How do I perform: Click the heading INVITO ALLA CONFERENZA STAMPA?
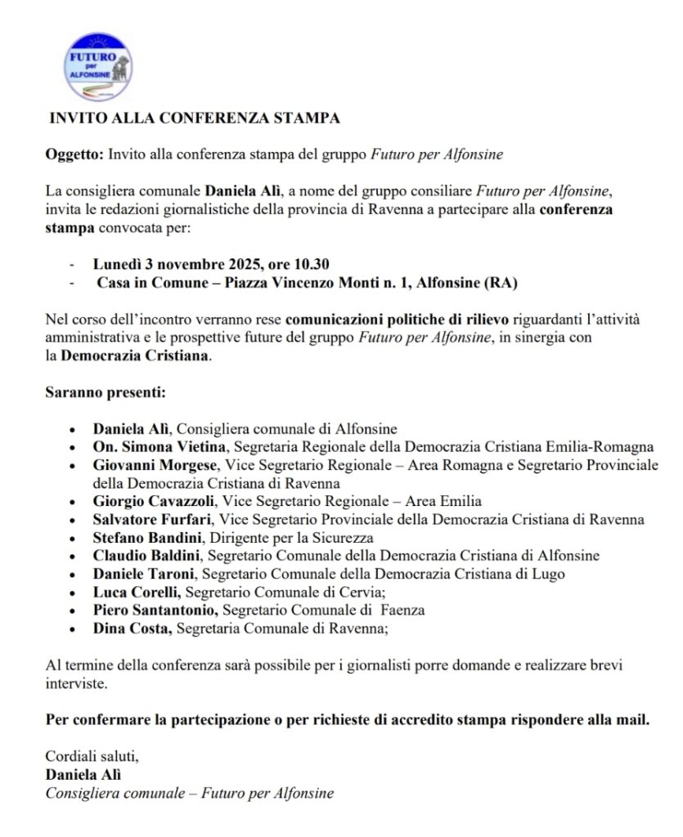coord(195,118)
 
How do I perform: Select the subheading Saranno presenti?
coord(105,392)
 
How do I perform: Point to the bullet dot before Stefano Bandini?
coord(74,538)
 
